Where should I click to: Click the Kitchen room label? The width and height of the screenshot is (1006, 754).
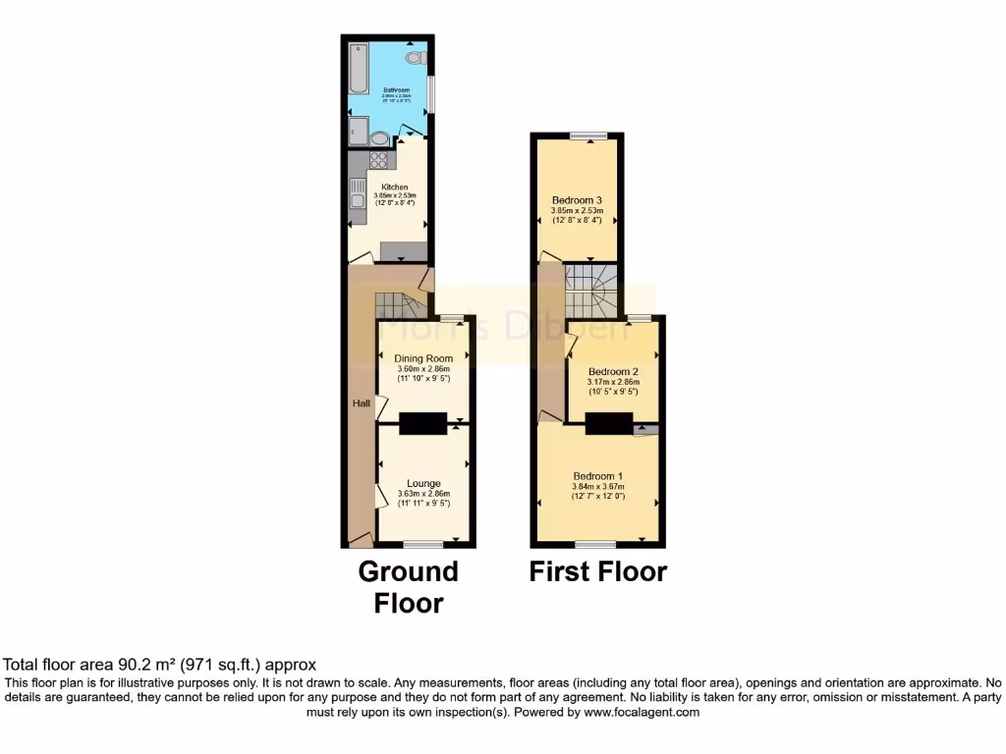pyautogui.click(x=395, y=188)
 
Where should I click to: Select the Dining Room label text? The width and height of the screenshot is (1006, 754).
pyautogui.click(x=423, y=359)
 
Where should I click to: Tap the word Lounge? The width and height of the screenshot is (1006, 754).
pyautogui.click(x=423, y=482)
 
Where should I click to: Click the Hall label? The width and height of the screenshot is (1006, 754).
pyautogui.click(x=362, y=404)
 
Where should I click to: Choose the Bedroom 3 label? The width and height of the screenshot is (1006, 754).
pyautogui.click(x=577, y=200)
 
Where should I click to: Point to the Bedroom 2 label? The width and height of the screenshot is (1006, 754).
pyautogui.click(x=613, y=372)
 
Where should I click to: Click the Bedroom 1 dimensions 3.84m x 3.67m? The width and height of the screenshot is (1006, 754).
pyautogui.click(x=598, y=486)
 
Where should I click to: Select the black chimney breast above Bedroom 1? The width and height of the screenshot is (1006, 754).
pyautogui.click(x=609, y=423)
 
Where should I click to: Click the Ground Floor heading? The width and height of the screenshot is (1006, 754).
pyautogui.click(x=409, y=586)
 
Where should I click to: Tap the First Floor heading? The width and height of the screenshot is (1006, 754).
pyautogui.click(x=598, y=571)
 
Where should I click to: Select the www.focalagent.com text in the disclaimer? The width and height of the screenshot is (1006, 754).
pyautogui.click(x=642, y=712)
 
